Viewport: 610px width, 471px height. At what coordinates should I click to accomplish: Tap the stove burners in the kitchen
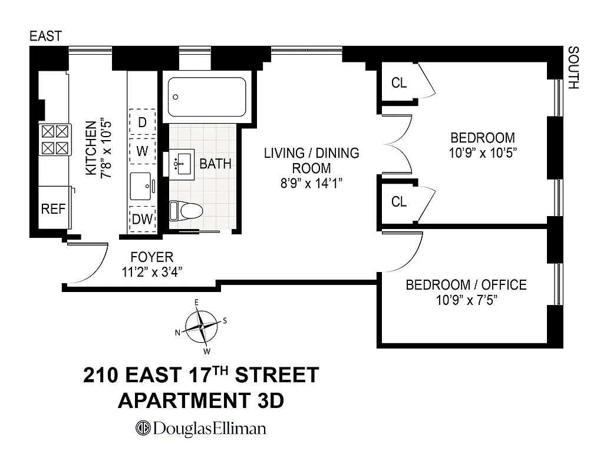coord(54,140)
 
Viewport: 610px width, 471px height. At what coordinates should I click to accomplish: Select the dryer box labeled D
coord(142,122)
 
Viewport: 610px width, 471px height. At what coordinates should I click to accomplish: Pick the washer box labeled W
coord(142,151)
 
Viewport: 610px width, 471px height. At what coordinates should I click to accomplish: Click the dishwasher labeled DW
coord(142,219)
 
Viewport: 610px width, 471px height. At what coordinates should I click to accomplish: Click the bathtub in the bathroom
coord(206,97)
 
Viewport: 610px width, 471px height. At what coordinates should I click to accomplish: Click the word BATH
coord(215,164)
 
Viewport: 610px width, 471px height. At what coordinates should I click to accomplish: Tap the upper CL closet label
coord(399,83)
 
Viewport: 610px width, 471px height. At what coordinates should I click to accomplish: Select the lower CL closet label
coord(399,202)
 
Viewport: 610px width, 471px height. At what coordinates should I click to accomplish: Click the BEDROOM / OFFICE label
coord(466,285)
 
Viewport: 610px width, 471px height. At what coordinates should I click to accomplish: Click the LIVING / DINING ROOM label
coord(311,161)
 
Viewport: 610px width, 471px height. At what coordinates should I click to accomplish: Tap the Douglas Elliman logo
coord(200,428)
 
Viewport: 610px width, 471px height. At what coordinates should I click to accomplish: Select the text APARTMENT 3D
coord(201,401)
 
